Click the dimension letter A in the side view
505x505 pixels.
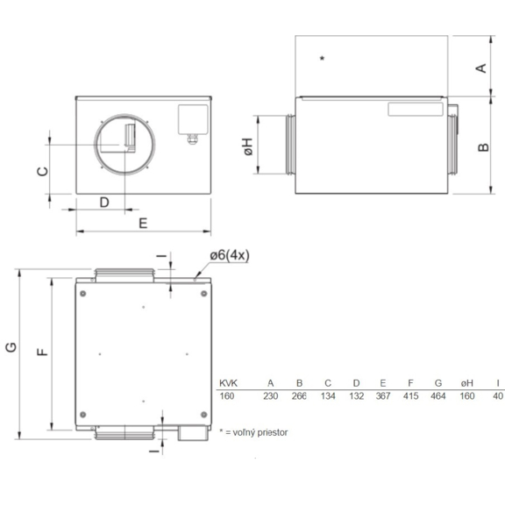pos(480,68)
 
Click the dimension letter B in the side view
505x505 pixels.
pos(482,147)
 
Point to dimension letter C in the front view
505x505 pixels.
pos(42,171)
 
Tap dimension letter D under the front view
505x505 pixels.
pos(103,202)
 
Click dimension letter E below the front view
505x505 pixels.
pos(143,223)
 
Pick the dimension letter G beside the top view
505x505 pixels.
pos(11,348)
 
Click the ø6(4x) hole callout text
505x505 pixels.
pos(230,255)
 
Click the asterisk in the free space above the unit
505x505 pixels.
pos(323,59)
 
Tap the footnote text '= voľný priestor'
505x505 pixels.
pos(256,432)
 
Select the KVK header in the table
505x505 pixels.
pos(229,383)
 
